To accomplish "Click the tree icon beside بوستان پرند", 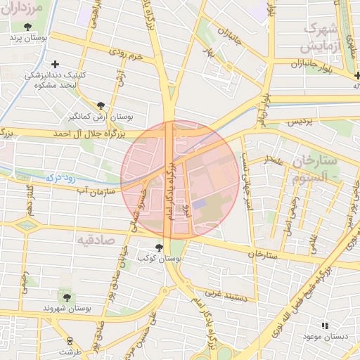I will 27,27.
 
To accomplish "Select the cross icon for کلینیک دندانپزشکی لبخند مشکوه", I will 55,64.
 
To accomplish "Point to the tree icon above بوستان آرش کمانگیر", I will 100,105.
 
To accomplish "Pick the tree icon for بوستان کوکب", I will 159,247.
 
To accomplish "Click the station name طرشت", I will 70,351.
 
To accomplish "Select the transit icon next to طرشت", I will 69,341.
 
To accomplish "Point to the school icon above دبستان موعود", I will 324,326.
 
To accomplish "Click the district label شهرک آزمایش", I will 324,38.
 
